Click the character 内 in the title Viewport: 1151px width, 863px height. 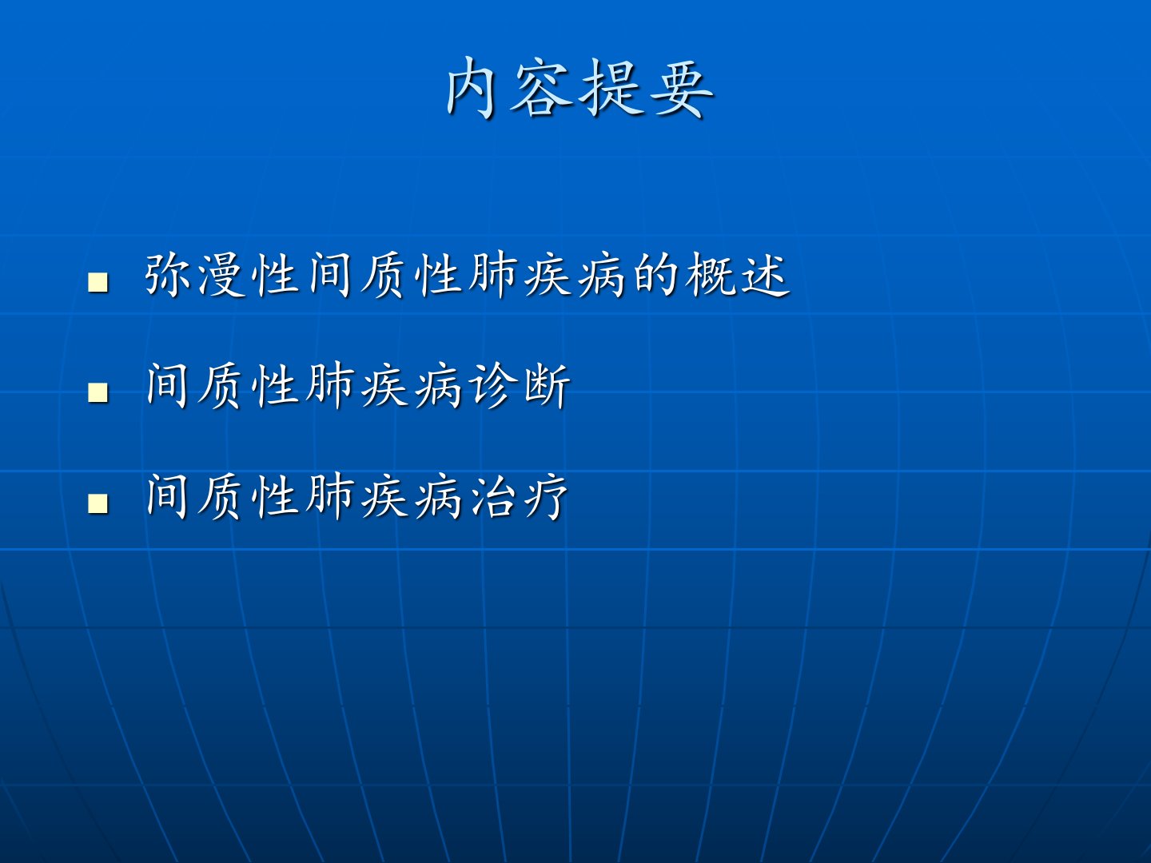tap(470, 88)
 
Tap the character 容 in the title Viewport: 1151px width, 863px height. tap(540, 88)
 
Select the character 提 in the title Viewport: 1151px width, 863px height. tap(611, 88)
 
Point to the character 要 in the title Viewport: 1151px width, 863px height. tap(681, 88)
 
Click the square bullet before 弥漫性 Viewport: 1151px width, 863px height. tap(98, 282)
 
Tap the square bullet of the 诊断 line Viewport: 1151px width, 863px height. tap(98, 392)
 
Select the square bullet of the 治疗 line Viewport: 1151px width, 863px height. tap(98, 503)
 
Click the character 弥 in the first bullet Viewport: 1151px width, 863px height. tap(168, 275)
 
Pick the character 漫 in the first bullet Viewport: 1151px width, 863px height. tap(222, 275)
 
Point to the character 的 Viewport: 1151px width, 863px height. tap(655, 275)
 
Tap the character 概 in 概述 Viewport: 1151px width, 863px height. tap(709, 275)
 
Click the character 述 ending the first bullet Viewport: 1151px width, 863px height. tap(763, 275)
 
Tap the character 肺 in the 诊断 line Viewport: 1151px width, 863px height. tap(330, 386)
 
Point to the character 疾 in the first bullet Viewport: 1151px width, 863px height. tap(547, 275)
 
